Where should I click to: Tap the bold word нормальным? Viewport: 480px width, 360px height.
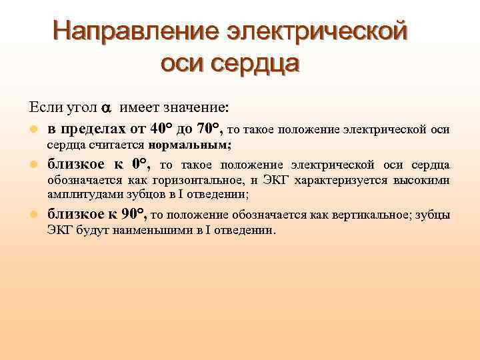tap(190, 144)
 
